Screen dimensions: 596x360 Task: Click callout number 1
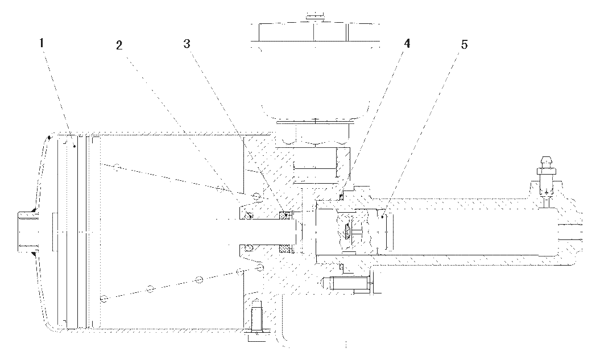(x=42, y=43)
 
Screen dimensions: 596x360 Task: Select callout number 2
(x=119, y=45)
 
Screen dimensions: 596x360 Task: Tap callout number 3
(x=187, y=44)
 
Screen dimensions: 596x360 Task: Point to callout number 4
(x=407, y=44)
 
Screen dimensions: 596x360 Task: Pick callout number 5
(x=464, y=45)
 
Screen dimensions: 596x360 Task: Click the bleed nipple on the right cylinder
(x=547, y=167)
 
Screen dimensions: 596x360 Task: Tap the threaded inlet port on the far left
(x=27, y=232)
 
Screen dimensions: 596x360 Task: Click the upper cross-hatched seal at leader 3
(x=285, y=216)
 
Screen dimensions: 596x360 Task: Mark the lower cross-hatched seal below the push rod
(x=285, y=249)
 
